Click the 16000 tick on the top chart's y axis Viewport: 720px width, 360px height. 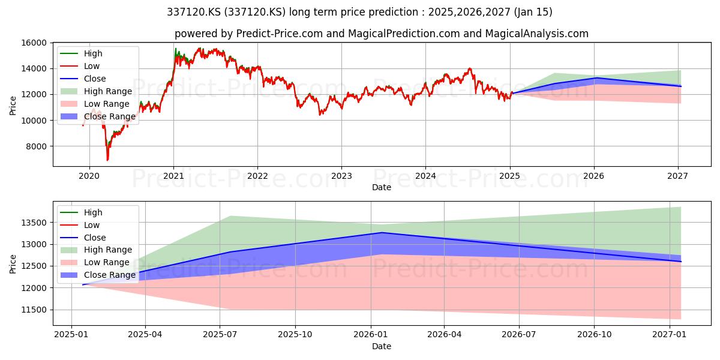coord(34,43)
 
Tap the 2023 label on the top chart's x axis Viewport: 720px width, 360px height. coord(341,176)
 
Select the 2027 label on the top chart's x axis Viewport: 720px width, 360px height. coord(677,176)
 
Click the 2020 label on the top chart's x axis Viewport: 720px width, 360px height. coord(89,176)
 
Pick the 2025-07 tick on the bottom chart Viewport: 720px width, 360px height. coord(220,335)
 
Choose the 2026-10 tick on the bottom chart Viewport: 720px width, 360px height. coord(595,335)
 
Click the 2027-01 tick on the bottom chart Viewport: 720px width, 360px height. coord(669,335)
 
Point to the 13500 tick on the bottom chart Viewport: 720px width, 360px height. coord(34,223)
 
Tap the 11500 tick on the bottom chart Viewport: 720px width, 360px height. coord(34,310)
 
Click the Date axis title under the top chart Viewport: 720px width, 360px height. coord(382,187)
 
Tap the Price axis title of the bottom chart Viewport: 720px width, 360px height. coord(13,264)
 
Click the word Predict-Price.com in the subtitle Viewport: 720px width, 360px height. coord(280,34)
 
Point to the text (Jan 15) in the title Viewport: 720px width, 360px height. coord(533,12)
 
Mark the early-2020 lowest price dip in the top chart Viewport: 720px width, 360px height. coord(107,160)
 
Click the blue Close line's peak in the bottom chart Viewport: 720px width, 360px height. coord(382,232)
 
